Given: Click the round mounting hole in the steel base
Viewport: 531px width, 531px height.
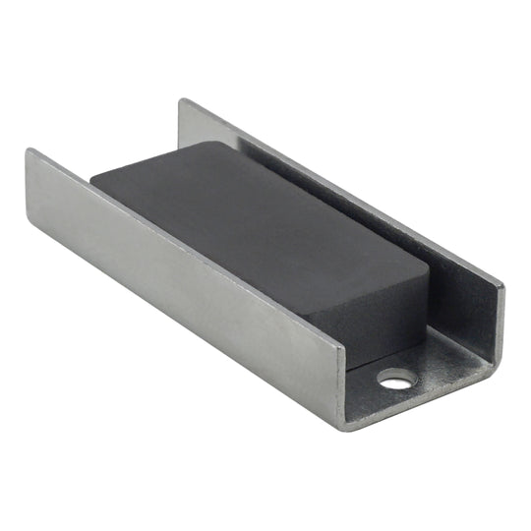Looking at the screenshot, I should [396, 378].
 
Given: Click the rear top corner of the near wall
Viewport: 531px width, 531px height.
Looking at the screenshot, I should [29, 151].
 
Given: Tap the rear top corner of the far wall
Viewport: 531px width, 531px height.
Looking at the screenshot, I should [182, 100].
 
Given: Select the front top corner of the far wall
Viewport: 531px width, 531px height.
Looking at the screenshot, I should [501, 286].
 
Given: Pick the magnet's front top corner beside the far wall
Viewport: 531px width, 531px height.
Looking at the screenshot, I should [429, 267].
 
